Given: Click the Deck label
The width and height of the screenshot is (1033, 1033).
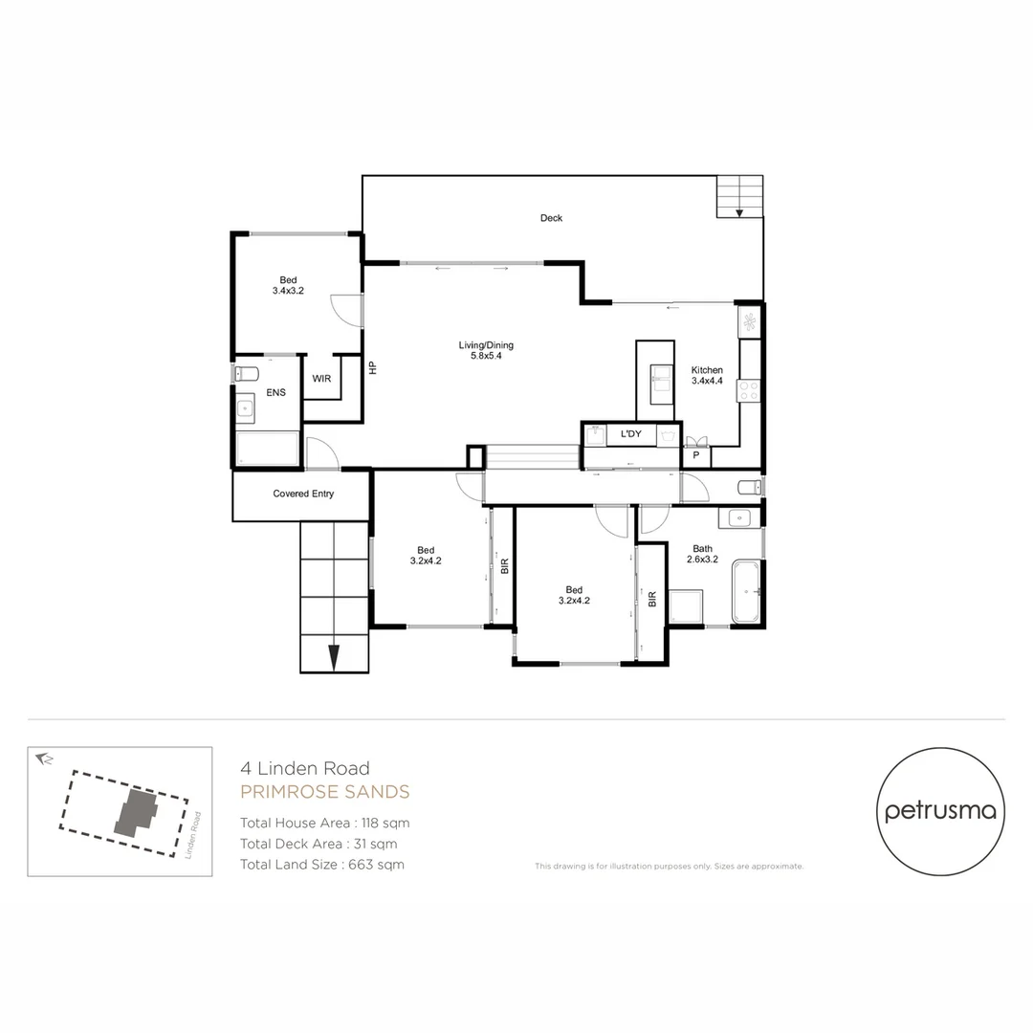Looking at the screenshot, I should point(551,218).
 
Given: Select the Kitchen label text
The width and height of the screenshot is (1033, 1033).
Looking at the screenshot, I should point(707,375).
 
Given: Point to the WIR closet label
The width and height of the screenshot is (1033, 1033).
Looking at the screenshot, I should point(321,379).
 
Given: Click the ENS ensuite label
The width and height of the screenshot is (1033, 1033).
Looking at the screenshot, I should point(275,392).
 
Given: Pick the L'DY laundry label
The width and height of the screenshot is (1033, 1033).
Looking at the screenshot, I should point(630,435).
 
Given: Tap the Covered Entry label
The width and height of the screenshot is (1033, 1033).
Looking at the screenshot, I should point(303,494).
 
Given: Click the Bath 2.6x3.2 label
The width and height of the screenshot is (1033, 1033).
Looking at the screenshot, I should point(703,554).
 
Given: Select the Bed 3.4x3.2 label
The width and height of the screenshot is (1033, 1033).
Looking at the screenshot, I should point(288,285).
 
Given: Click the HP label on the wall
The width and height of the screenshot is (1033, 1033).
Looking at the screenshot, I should point(373,366).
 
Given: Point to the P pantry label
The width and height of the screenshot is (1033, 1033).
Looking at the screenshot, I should point(695,457).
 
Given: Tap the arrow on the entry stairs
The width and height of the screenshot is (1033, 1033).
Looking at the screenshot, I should point(334,658).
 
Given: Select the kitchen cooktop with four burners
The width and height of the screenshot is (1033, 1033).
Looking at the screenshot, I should point(748,389).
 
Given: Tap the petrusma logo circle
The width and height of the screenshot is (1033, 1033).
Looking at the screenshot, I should point(940,811).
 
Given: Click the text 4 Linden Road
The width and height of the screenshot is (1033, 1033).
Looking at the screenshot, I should point(304,768).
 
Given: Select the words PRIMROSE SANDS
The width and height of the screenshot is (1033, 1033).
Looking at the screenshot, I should point(324,792).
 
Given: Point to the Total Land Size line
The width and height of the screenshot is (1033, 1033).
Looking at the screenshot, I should point(322,865).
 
